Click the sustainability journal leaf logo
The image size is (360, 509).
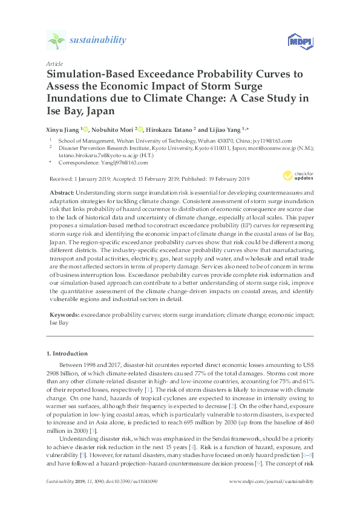click(x=56, y=41)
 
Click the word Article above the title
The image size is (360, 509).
click(x=53, y=63)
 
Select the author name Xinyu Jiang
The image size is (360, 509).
click(x=62, y=129)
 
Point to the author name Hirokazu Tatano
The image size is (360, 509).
click(x=172, y=129)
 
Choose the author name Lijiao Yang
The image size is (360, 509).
click(x=221, y=129)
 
